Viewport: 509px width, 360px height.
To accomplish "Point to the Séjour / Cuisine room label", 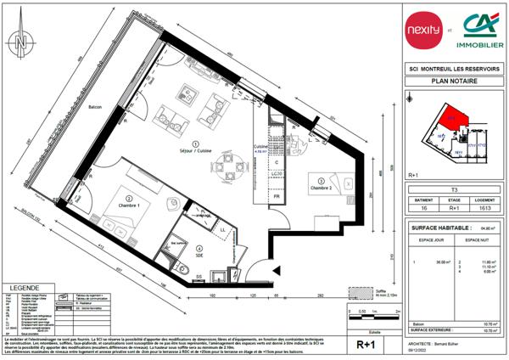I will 196,149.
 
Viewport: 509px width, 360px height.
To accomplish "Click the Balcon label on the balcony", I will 95,108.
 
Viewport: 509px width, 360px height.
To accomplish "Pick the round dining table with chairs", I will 225,160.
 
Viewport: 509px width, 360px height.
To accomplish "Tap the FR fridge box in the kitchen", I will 277,197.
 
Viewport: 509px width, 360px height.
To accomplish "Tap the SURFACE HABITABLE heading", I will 439,228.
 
